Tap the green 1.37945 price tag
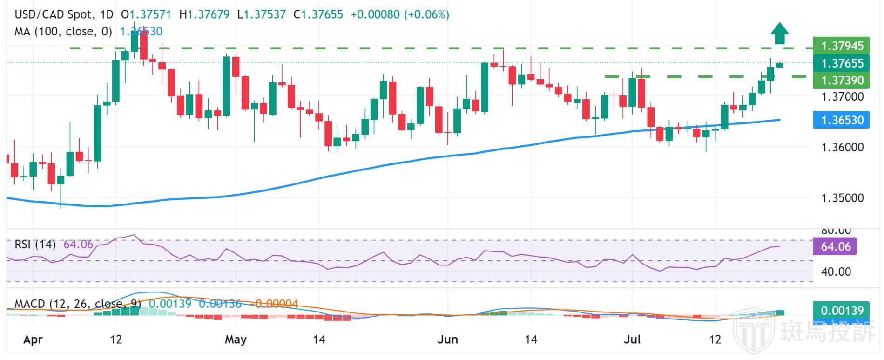point(842,46)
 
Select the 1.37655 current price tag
point(842,63)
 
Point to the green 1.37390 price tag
point(842,81)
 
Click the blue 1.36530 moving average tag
point(842,120)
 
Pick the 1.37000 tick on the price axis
point(842,97)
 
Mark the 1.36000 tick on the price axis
point(842,148)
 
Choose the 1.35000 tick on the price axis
point(842,198)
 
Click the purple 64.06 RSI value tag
point(835,246)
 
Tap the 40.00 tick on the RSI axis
point(836,272)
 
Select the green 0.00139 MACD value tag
point(842,311)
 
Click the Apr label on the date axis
point(33,340)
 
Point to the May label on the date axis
point(236,340)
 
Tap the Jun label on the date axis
point(448,340)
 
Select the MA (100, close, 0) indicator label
point(63,32)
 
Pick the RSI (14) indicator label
point(35,245)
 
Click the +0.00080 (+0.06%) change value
point(400,14)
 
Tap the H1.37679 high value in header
point(204,14)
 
